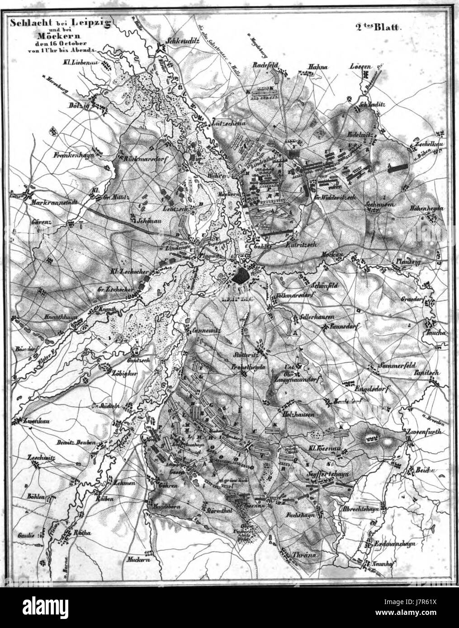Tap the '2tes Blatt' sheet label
tap(379, 27)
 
